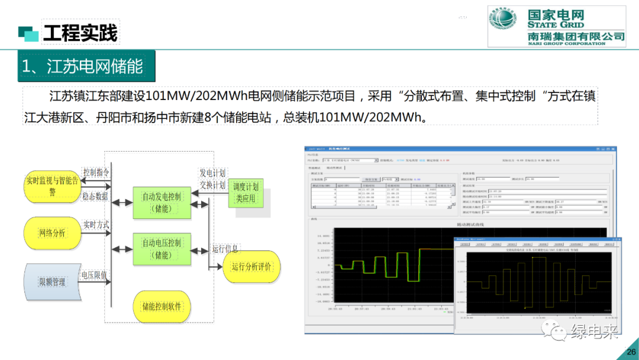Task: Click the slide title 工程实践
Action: (x=80, y=33)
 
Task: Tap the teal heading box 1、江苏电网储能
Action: (x=83, y=66)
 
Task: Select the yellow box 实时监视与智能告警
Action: (x=52, y=185)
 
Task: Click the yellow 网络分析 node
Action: (x=52, y=233)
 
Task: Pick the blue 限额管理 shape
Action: (x=52, y=282)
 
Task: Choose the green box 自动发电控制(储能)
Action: (x=162, y=202)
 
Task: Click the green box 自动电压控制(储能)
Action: (x=162, y=249)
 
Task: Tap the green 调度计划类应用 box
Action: (x=246, y=192)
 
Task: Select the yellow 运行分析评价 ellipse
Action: (x=251, y=266)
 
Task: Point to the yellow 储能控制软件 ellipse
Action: (x=162, y=306)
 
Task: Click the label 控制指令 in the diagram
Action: (x=96, y=172)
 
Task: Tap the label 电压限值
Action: (x=94, y=275)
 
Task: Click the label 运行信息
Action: (x=225, y=249)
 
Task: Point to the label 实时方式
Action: (x=96, y=225)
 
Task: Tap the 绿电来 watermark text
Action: (x=594, y=332)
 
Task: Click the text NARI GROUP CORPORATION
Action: (x=567, y=43)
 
